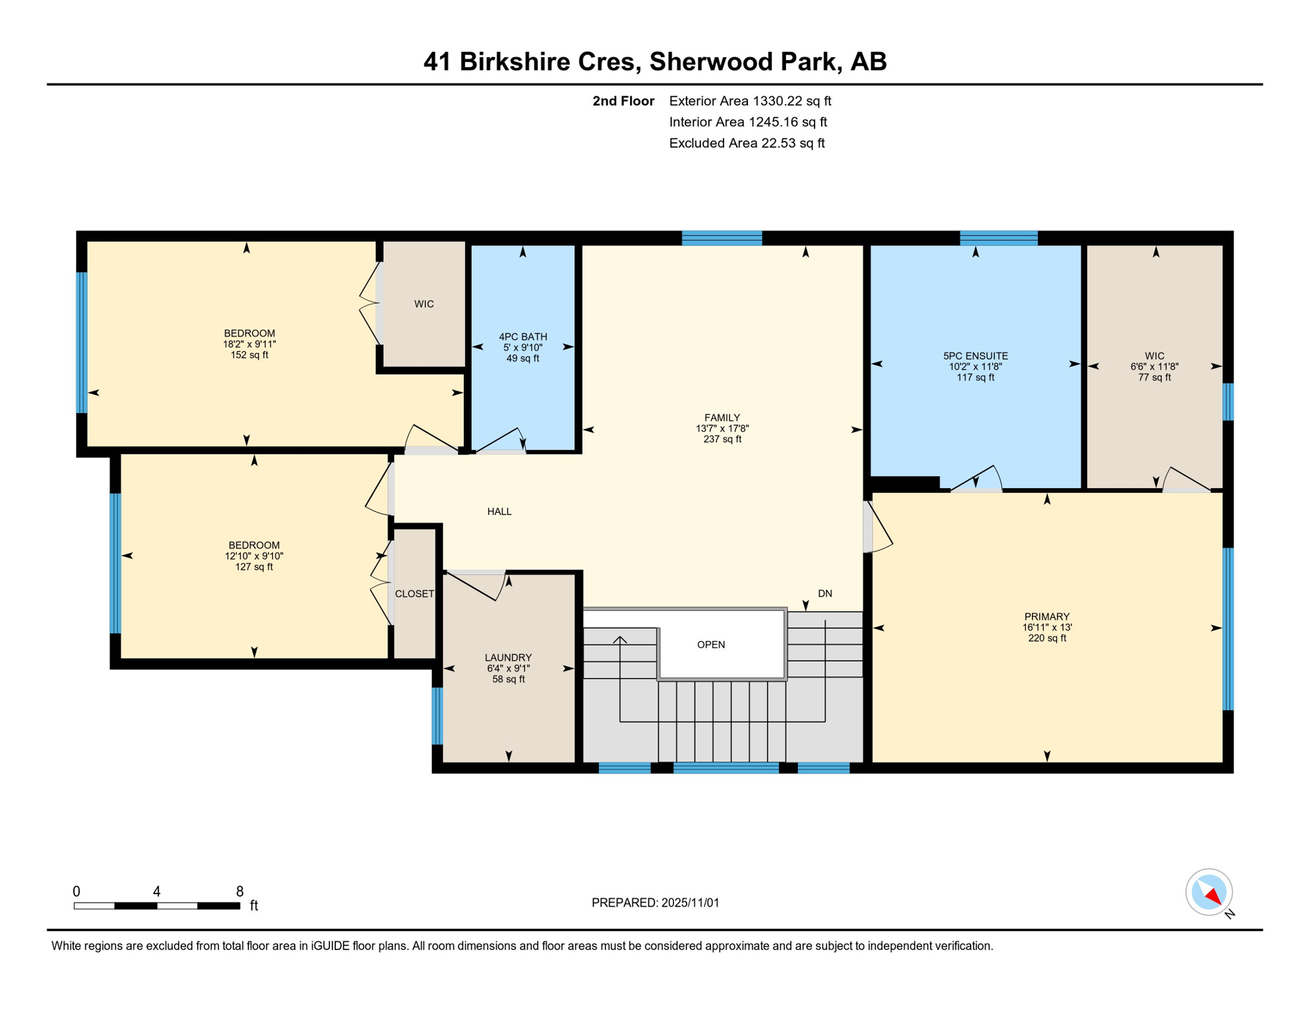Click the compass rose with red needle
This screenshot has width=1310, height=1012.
1209,892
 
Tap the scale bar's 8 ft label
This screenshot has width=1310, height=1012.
240,891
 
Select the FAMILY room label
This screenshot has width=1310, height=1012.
722,418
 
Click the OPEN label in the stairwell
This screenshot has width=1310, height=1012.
710,644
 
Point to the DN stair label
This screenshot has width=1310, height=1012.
824,594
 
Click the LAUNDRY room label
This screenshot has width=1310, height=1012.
507,658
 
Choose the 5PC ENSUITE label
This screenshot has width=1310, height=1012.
975,356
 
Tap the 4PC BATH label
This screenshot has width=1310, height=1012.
523,337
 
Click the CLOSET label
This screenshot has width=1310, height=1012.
414,594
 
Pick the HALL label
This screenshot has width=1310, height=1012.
499,511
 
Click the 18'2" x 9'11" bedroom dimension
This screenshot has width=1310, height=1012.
249,344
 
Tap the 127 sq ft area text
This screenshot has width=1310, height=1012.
254,567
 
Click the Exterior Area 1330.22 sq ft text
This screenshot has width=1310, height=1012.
749,101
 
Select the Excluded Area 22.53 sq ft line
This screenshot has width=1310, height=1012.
746,143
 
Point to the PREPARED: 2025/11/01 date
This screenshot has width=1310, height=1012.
655,903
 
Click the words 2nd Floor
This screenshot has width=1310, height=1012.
623,101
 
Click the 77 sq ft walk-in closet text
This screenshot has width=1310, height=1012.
1154,378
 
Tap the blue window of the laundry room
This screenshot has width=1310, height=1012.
437,716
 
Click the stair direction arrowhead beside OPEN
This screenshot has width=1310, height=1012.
619,639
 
